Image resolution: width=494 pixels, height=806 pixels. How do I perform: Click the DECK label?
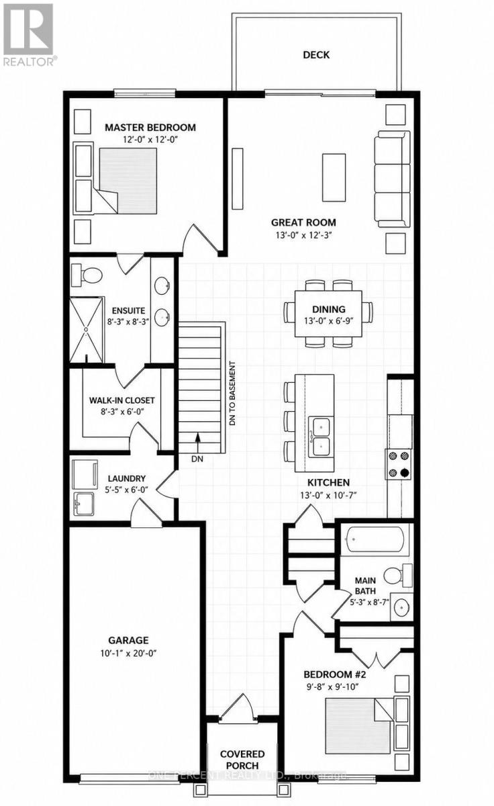[x=316, y=54]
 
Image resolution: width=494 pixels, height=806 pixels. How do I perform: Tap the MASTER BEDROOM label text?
[x=150, y=128]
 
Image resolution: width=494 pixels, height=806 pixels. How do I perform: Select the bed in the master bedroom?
[x=128, y=181]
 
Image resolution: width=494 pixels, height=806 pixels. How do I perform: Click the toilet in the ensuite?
[x=87, y=275]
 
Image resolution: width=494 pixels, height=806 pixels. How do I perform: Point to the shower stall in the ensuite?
[x=87, y=329]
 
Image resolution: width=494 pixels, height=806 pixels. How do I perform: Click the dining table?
[x=328, y=314]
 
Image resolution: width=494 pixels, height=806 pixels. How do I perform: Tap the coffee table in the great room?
[x=334, y=177]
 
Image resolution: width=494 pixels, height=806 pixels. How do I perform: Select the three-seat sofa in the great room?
[x=392, y=179]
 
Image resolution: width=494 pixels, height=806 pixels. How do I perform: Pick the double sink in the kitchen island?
[x=321, y=437]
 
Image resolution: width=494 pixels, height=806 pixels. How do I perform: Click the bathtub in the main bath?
[x=375, y=539]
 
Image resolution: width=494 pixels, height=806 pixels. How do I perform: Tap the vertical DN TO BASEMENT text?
[x=233, y=394]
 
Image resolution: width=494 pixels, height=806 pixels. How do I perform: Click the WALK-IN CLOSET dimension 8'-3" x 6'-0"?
[x=122, y=411]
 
